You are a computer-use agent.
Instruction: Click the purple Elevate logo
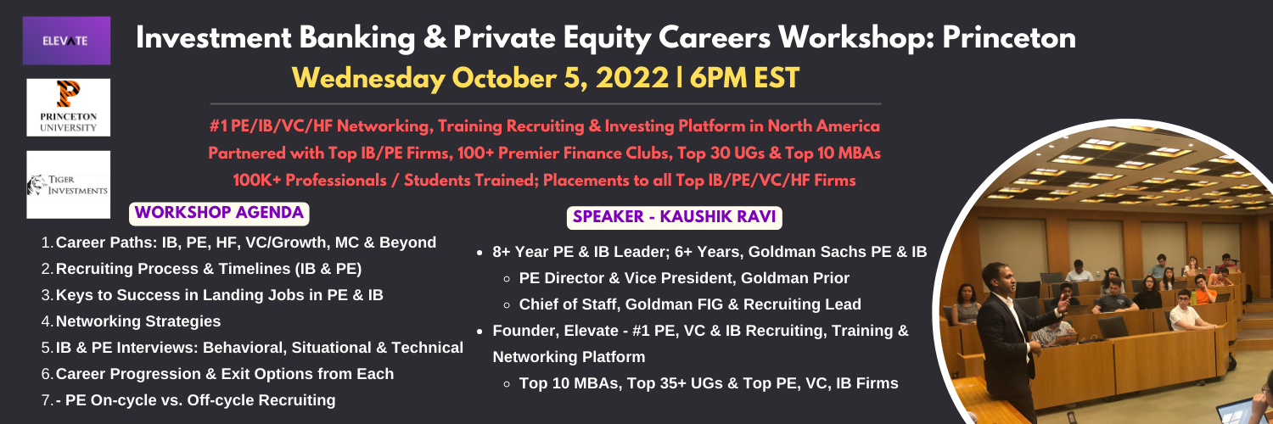tap(66, 41)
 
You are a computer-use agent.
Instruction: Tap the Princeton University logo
tap(68, 108)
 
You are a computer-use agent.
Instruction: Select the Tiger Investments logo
tap(68, 185)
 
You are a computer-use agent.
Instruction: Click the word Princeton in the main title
tap(1009, 38)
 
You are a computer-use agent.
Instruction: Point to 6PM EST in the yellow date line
tap(744, 78)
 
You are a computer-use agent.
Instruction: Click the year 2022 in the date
tap(632, 78)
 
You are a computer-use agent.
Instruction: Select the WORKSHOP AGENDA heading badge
tap(219, 213)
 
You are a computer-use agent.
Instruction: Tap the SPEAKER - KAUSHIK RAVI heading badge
tap(674, 217)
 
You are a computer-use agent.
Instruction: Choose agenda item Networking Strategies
tap(138, 321)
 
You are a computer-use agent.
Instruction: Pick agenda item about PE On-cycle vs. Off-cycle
tap(195, 400)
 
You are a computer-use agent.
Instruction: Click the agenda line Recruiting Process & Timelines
tap(209, 269)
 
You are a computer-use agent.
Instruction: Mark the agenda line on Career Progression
tap(225, 374)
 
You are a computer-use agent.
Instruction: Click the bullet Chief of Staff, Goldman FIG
tap(690, 304)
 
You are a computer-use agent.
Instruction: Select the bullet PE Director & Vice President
tap(684, 278)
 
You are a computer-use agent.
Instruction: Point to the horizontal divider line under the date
tap(546, 104)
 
